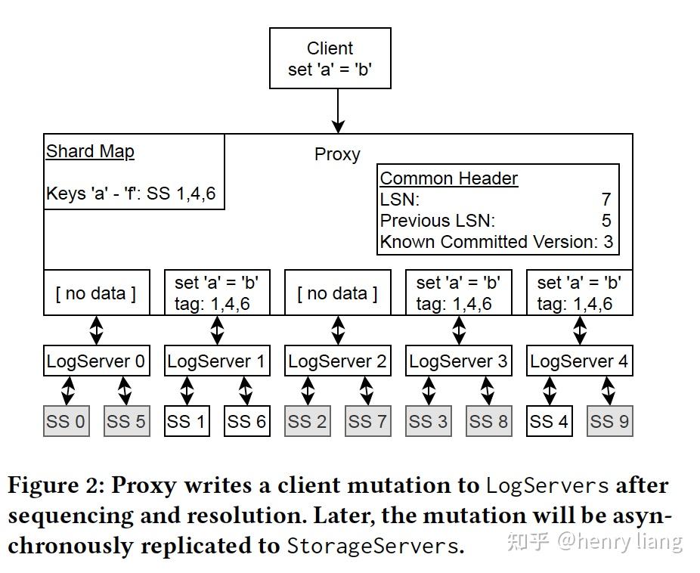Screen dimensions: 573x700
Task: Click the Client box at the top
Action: tap(330, 58)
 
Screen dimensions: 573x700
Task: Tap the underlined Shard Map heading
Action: tap(90, 151)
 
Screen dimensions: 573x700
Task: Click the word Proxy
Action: tap(337, 154)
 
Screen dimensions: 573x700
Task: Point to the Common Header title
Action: tap(448, 178)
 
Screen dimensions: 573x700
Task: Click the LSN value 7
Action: tap(606, 200)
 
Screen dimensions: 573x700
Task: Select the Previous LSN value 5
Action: tap(606, 221)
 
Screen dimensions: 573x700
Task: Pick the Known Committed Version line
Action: tap(496, 242)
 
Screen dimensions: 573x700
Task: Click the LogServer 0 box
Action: tap(95, 361)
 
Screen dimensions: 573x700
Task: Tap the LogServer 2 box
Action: tap(337, 361)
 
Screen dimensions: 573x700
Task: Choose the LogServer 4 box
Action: tap(579, 361)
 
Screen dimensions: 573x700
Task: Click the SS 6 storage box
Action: tap(247, 421)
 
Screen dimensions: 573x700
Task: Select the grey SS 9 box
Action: tap(609, 421)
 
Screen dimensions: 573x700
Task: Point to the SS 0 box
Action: tap(66, 421)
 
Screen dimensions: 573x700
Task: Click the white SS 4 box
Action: tap(550, 421)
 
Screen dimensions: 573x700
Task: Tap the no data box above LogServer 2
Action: tap(337, 293)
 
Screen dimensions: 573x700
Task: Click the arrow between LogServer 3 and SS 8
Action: tap(488, 391)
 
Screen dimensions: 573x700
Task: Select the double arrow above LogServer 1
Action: tap(217, 330)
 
